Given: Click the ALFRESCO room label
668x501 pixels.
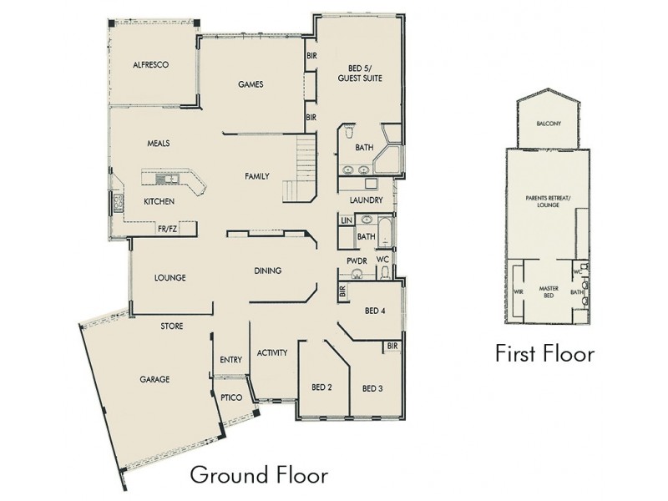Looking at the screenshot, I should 152,64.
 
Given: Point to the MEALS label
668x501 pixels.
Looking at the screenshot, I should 159,143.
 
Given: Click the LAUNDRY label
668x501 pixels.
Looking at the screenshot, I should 367,201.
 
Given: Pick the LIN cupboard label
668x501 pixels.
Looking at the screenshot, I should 345,220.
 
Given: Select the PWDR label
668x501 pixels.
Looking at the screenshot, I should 357,261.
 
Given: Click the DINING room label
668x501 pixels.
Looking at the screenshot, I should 268,271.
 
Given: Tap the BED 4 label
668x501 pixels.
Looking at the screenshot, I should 375,311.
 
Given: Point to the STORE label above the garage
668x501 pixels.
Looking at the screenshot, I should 173,326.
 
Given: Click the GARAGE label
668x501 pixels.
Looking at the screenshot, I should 154,379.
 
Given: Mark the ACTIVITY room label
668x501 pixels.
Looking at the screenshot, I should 272,353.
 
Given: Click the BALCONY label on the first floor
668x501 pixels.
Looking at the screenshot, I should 549,124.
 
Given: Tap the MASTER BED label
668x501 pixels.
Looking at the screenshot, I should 548,291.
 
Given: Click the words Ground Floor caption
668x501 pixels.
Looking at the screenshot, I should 258,475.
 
